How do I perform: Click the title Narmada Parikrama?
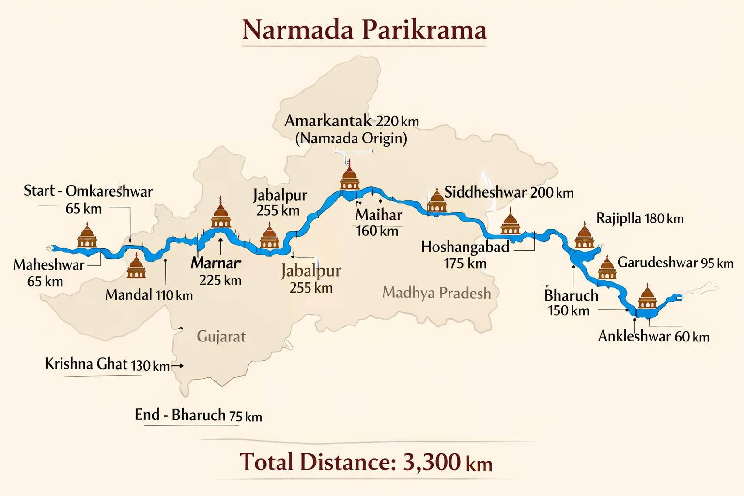(x=364, y=30)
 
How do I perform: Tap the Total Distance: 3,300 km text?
(x=366, y=462)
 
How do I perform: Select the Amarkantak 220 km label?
(x=352, y=121)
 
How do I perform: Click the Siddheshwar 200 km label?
(x=509, y=193)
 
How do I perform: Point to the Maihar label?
(x=379, y=215)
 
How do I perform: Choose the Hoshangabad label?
(x=465, y=247)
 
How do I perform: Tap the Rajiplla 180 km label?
(x=639, y=218)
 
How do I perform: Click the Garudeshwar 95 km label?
(x=675, y=263)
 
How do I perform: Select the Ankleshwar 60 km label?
(x=653, y=336)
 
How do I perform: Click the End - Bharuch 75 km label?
(x=198, y=415)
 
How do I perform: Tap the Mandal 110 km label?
(x=149, y=294)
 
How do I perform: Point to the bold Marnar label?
(x=216, y=263)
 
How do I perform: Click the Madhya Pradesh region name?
(x=436, y=293)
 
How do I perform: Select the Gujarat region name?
(x=221, y=336)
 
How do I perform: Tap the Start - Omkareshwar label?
(x=88, y=191)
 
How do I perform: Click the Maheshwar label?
(x=48, y=265)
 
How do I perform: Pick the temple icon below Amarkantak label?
(x=349, y=177)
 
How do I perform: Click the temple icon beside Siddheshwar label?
(x=437, y=201)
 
